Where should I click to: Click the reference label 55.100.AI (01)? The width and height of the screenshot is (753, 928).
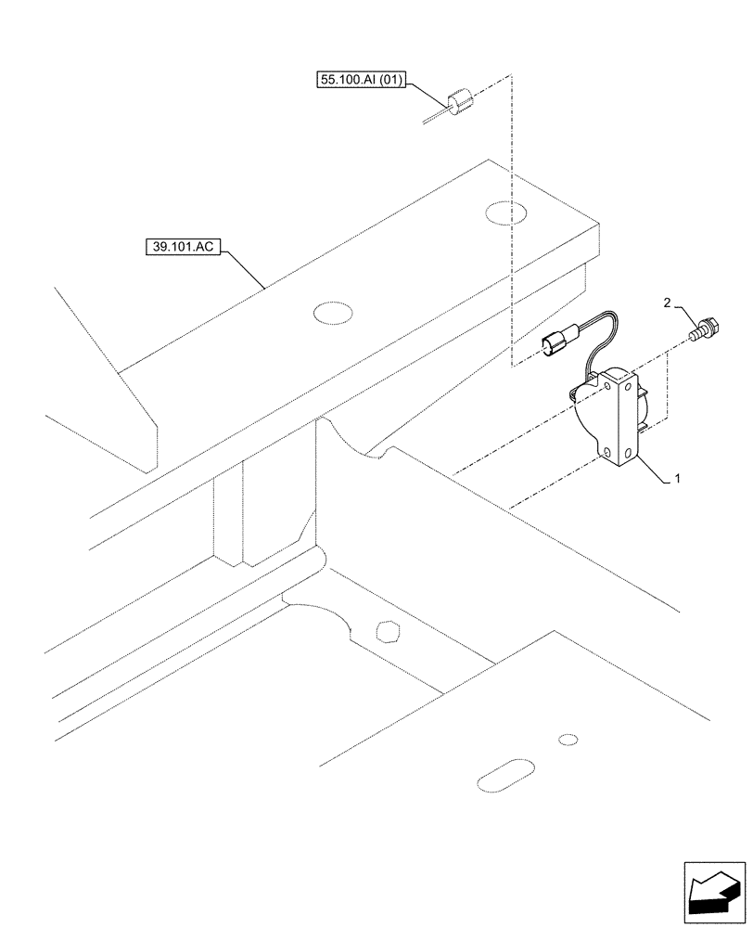tap(361, 82)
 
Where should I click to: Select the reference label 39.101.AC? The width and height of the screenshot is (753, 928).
tap(181, 248)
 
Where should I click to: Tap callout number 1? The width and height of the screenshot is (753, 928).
tap(678, 479)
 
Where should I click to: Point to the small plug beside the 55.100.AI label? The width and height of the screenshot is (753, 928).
tap(459, 102)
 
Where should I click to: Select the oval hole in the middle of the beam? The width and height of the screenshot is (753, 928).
tap(333, 315)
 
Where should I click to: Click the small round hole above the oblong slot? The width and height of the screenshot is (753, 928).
tap(568, 740)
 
